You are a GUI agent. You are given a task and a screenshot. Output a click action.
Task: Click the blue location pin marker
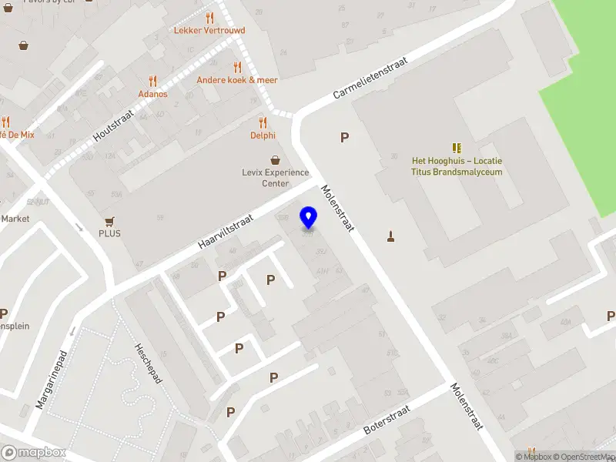pos(309,218)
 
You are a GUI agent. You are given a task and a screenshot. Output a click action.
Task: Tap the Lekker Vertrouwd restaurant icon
pos(209,18)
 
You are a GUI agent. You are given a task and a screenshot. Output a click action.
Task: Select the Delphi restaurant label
pos(263,136)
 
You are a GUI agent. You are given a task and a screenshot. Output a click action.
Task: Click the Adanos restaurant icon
pos(152,81)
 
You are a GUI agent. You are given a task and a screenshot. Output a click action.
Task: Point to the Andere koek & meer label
pos(237,79)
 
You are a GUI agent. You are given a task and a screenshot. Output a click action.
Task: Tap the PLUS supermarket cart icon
pos(109,221)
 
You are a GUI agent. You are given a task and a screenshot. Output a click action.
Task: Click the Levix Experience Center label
pos(275,178)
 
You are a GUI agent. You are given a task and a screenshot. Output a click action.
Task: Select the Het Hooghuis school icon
pos(457,148)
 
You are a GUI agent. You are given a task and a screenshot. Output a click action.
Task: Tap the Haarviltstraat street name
pos(225,232)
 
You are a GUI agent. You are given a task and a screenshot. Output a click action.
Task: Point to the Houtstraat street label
pos(113,124)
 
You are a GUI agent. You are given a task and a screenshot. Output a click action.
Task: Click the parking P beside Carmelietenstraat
pos(345,138)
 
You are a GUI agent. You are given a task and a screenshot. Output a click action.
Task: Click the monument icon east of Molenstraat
pos(391,236)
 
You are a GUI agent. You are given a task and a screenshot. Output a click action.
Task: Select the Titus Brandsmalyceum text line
pos(457,172)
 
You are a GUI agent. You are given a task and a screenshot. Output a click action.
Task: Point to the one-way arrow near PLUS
pos(80,227)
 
